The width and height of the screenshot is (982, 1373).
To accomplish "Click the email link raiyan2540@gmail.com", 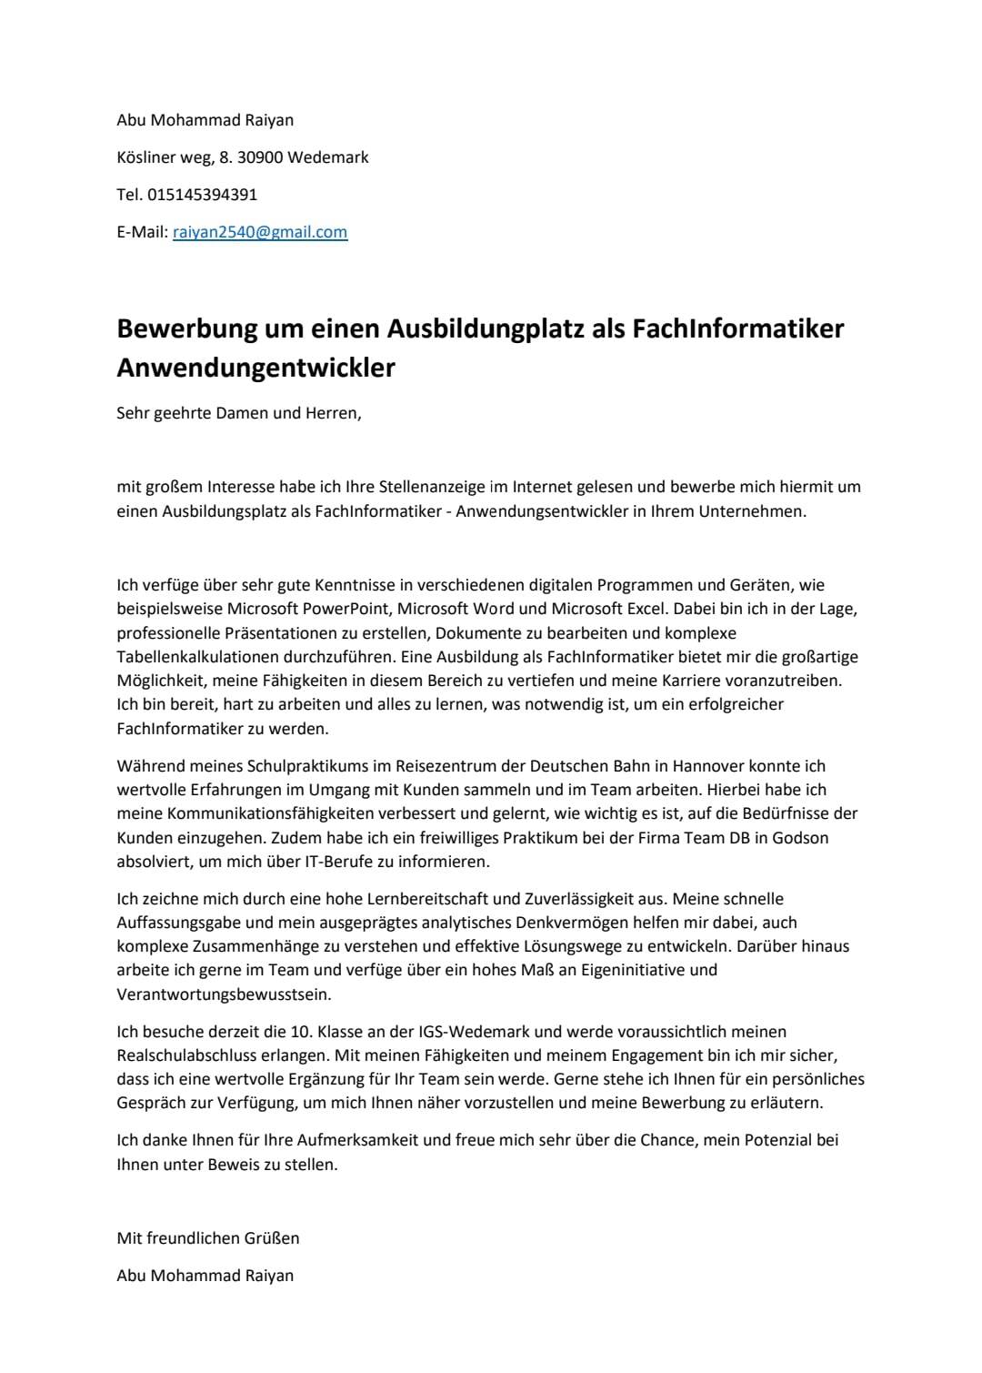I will pyautogui.click(x=260, y=232).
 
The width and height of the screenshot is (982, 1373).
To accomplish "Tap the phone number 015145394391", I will pyautogui.click(x=202, y=194).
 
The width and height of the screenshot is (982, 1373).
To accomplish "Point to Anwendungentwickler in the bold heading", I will pyautogui.click(x=256, y=368).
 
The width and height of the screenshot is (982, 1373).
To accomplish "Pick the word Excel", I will pyautogui.click(x=646, y=609).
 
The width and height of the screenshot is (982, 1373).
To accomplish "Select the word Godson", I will pyautogui.click(x=800, y=837).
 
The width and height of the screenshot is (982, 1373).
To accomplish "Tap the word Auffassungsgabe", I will pyautogui.click(x=173, y=923).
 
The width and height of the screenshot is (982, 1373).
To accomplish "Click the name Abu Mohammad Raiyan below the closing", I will pyautogui.click(x=205, y=1276).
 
